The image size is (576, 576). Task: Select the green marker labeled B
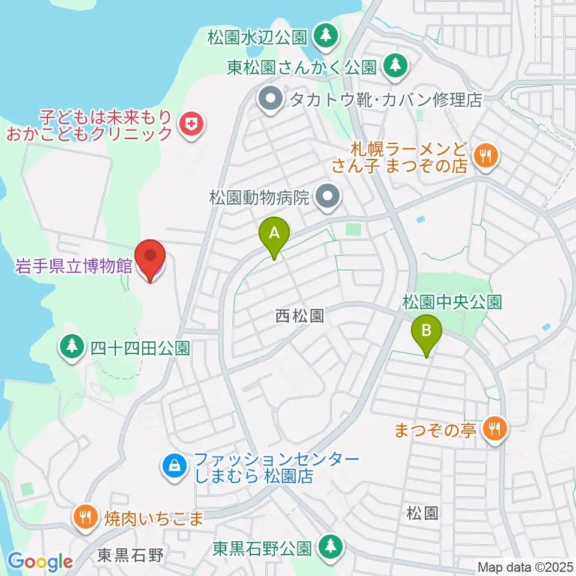click(427, 332)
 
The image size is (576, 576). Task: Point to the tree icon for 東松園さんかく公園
click(394, 65)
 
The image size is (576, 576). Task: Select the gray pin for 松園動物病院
click(328, 196)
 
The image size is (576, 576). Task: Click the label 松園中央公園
click(452, 301)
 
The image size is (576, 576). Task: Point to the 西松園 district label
click(300, 316)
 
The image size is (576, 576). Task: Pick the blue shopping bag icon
click(174, 466)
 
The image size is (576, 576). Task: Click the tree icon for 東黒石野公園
click(329, 547)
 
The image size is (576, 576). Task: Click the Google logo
click(40, 561)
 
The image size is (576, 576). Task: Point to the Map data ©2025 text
click(525, 566)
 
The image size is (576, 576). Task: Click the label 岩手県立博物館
click(73, 267)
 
